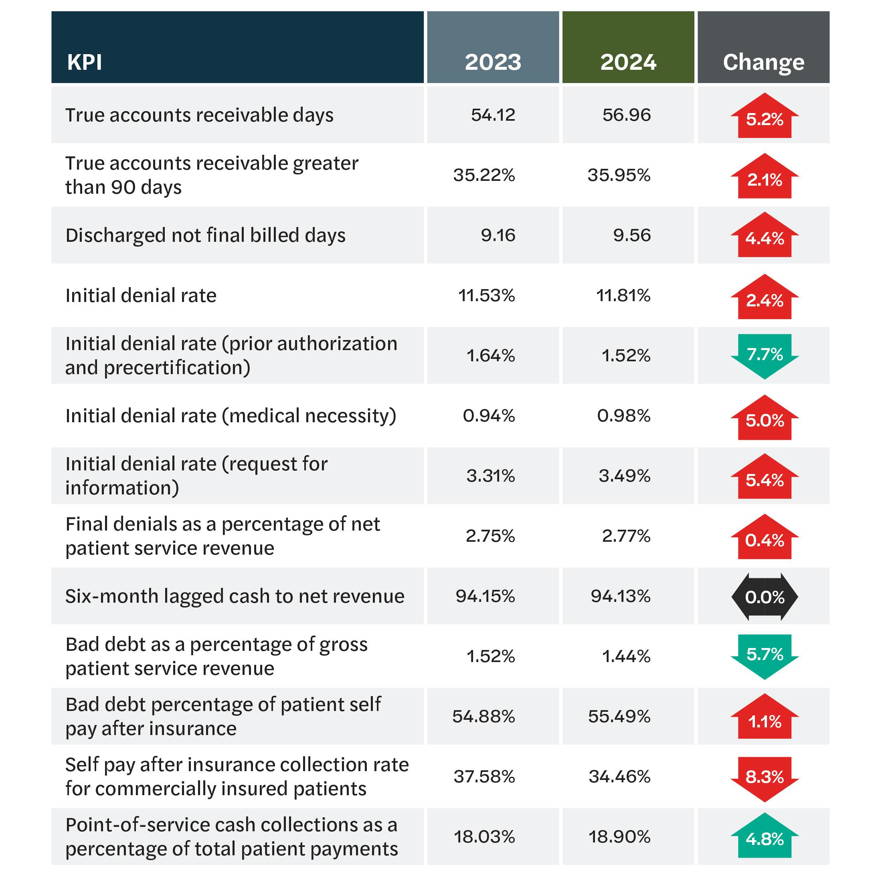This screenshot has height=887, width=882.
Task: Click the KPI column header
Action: click(x=85, y=62)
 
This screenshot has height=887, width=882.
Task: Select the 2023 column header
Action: click(x=493, y=62)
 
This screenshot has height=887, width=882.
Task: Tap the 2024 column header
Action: click(x=628, y=62)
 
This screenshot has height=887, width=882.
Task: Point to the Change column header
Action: click(x=764, y=62)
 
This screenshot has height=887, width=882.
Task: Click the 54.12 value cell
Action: click(x=493, y=115)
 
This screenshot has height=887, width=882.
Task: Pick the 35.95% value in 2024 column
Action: click(x=619, y=175)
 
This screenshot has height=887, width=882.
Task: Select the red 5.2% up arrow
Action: click(x=765, y=117)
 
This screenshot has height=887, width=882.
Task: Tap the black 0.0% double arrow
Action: click(x=765, y=597)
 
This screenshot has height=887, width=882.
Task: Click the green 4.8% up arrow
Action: click(x=765, y=837)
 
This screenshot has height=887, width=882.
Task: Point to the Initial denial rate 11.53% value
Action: click(x=486, y=295)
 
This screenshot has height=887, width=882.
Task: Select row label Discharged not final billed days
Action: click(x=205, y=235)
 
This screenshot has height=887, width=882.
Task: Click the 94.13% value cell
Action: click(x=621, y=596)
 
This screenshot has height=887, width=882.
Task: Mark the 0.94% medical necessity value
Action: click(x=489, y=415)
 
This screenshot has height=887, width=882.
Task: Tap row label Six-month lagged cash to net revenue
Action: click(x=235, y=596)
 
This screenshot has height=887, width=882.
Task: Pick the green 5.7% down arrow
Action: click(x=765, y=656)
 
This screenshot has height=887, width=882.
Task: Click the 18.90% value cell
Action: click(x=619, y=836)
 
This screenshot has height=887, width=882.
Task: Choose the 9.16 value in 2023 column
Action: click(x=498, y=235)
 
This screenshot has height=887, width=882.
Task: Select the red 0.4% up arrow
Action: click(x=765, y=538)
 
